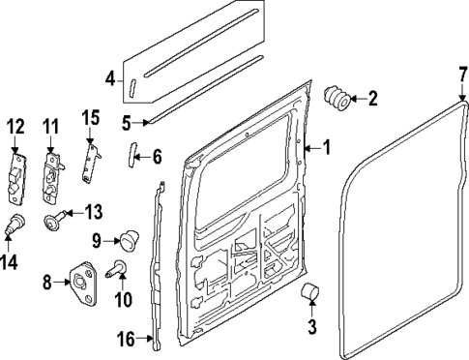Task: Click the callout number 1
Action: [x=327, y=148]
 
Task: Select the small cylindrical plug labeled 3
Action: [x=311, y=294]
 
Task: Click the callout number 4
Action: [x=110, y=78]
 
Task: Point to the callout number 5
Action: [x=126, y=122]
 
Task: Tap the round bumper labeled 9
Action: [x=129, y=237]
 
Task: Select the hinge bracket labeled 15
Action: [x=92, y=156]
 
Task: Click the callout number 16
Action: [x=125, y=339]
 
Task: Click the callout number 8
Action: [x=46, y=283]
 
